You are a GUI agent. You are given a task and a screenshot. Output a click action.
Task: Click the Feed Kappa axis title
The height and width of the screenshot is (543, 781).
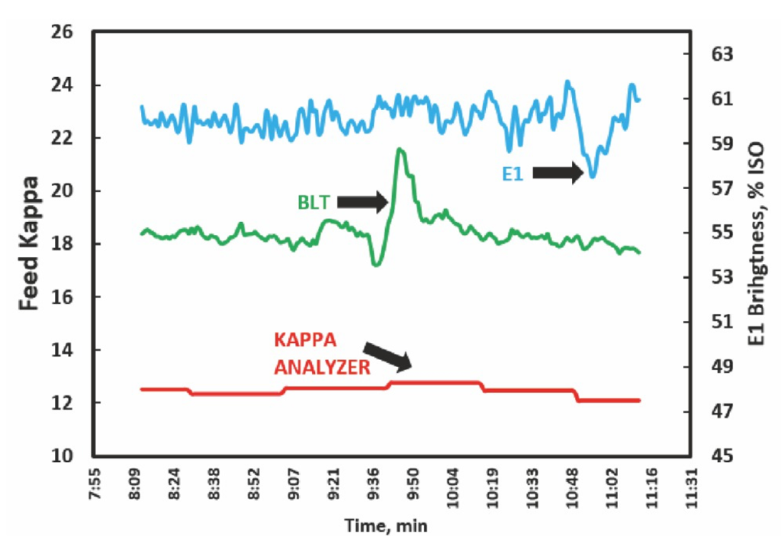[29, 244]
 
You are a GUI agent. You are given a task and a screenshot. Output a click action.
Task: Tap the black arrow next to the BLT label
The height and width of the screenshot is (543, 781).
[362, 201]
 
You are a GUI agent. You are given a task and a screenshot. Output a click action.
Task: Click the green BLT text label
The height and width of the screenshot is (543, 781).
[313, 202]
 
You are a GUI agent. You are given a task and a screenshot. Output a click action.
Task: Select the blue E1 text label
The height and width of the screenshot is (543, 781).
[513, 174]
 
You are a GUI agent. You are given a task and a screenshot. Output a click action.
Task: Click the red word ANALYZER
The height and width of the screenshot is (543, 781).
[323, 368]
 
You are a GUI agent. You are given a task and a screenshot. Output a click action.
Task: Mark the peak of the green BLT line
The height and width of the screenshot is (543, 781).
[399, 149]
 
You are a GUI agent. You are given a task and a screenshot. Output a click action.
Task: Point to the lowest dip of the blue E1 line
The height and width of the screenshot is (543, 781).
[592, 177]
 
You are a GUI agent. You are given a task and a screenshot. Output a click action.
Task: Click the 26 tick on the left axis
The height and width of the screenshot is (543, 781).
[63, 33]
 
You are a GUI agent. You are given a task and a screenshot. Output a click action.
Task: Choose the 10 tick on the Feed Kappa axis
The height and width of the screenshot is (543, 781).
[63, 456]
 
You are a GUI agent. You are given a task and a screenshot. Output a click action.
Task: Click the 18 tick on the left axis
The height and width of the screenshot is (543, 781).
[63, 244]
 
